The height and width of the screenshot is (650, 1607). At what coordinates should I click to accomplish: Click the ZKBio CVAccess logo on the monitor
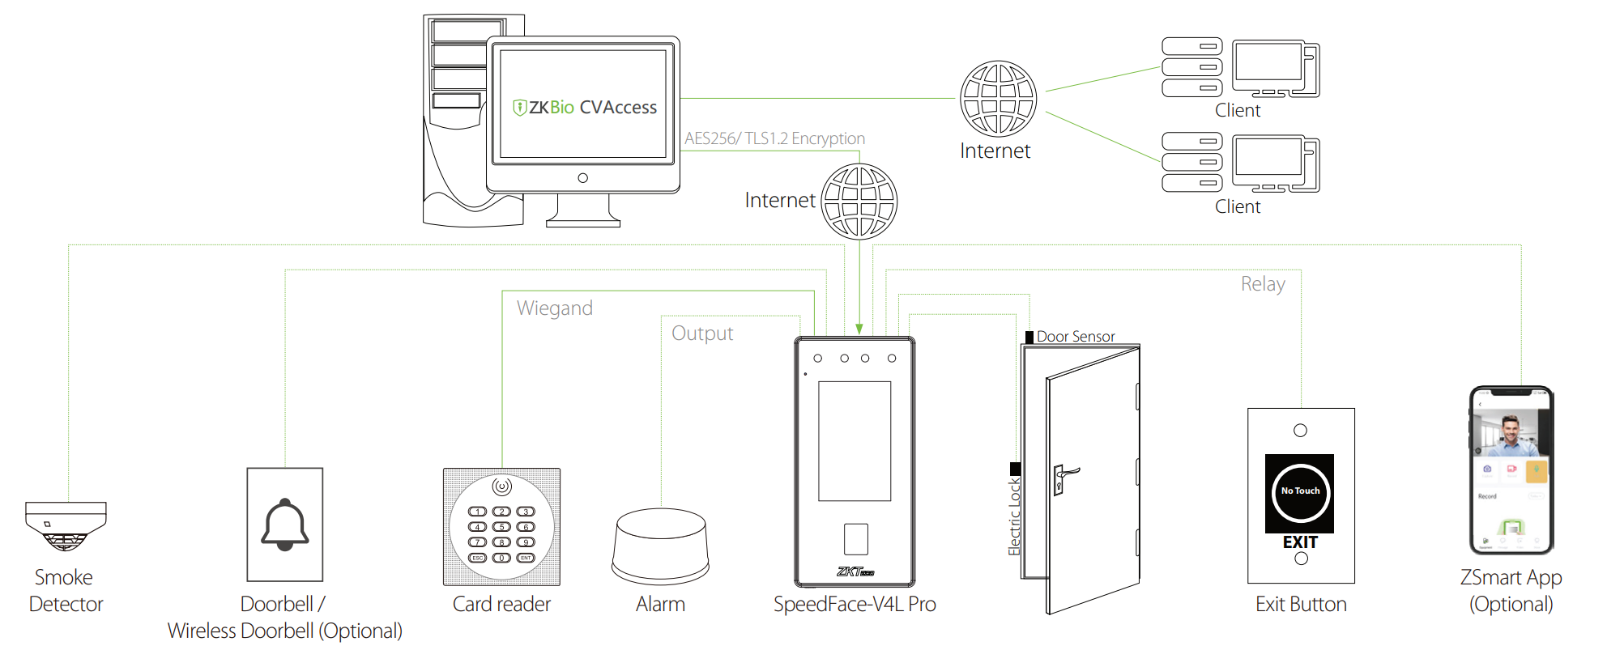coord(584,108)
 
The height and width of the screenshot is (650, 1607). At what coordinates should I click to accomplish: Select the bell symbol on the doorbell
coord(285,525)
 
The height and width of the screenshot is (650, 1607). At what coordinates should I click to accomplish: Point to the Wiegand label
coord(555,308)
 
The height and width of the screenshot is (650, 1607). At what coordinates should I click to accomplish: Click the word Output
coord(702,333)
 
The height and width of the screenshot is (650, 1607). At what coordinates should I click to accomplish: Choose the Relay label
coord(1263,284)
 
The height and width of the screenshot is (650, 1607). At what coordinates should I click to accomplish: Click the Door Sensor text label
coord(1076,337)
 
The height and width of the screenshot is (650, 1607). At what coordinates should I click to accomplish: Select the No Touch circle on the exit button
coord(1300,491)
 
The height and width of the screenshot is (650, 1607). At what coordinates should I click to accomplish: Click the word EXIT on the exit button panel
coord(1300,542)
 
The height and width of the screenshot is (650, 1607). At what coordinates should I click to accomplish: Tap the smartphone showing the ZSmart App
coord(1511,470)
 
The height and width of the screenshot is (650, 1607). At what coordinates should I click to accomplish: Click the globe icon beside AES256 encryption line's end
coord(859,201)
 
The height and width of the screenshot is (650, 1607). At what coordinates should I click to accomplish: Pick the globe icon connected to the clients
coord(998,99)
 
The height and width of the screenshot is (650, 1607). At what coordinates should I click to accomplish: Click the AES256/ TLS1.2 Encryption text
coord(774,138)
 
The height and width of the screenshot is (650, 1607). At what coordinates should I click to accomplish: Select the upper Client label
coord(1238,111)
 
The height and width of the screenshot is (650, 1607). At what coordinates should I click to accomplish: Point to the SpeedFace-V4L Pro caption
coord(855,605)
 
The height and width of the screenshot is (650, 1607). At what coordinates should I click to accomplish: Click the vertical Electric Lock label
coord(1014,516)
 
